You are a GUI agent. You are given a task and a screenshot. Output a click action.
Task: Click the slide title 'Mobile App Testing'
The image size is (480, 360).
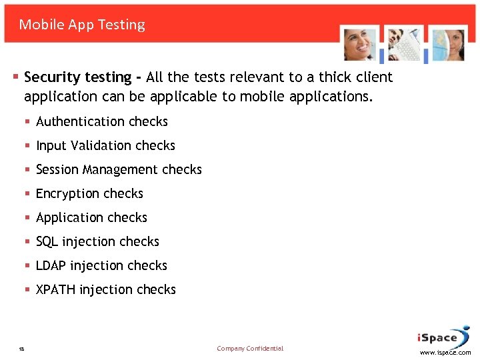coord(82,25)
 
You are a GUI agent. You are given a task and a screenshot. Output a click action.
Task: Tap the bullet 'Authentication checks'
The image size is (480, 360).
coord(101,121)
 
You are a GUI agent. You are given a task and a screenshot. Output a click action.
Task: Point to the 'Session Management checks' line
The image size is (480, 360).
coord(119,169)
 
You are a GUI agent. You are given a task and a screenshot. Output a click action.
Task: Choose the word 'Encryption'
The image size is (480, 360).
coord(70,193)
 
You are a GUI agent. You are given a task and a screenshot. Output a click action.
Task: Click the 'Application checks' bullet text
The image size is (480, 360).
coord(91,217)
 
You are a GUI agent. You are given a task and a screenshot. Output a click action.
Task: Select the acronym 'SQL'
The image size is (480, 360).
coord(47,241)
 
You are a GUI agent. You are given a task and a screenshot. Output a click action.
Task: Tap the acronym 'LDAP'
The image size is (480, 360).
coord(51,265)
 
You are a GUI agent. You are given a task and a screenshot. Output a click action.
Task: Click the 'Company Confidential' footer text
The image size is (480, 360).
coord(250,348)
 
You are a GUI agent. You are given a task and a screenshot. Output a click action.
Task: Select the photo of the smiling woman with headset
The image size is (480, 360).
coord(359,44)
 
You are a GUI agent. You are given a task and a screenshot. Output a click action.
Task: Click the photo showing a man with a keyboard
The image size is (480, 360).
coord(403,44)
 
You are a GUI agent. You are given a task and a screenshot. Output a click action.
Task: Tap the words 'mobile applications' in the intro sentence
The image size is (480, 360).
coord(304,97)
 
